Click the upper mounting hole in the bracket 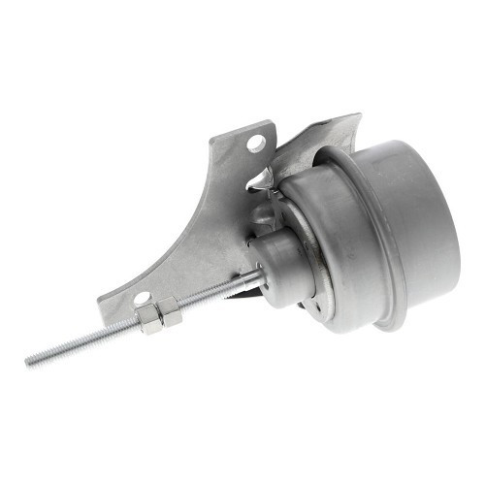256,144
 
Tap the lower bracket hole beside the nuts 142,299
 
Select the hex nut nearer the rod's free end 149,321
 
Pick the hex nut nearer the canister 169,312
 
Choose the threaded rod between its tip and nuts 87,341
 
